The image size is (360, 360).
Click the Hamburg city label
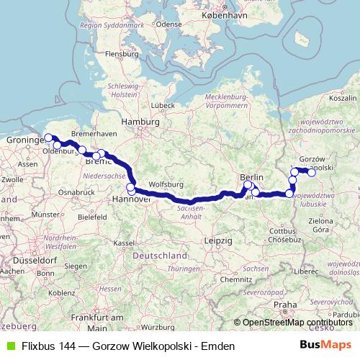pyautogui.click(x=140, y=122)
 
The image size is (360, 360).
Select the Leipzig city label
pyautogui.click(x=217, y=239)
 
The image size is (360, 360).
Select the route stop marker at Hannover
pyautogui.click(x=131, y=189)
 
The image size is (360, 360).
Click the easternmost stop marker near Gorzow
pyautogui.click(x=312, y=172)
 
